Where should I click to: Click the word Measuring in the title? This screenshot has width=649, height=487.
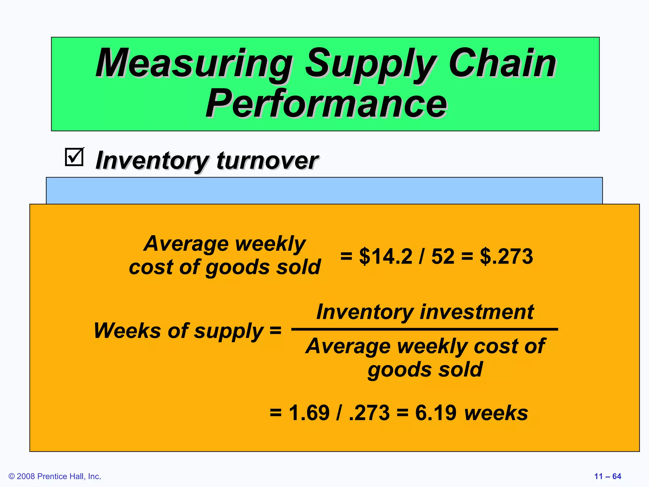(x=194, y=63)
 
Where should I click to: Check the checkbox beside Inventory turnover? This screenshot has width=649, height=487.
(x=74, y=157)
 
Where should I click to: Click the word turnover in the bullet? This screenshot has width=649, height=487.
(x=267, y=161)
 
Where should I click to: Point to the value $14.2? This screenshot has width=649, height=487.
(x=385, y=256)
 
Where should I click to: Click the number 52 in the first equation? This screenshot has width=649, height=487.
(x=442, y=256)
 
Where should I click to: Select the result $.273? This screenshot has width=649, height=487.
(x=506, y=256)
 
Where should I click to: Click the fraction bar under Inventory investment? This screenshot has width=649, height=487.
(x=424, y=329)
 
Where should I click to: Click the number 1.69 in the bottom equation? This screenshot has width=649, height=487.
(x=309, y=413)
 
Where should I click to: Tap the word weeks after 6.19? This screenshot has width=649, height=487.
(x=496, y=413)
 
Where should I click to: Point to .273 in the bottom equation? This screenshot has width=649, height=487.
(x=369, y=413)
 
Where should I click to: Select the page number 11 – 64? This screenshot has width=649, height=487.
(x=607, y=476)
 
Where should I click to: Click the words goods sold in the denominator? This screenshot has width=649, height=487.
(x=425, y=370)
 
